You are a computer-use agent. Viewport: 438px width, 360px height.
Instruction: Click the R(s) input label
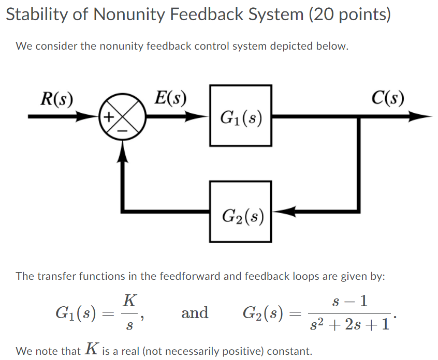[56, 98]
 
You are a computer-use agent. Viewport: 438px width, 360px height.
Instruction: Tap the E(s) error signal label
[171, 98]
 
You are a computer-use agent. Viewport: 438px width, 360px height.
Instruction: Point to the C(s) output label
[388, 98]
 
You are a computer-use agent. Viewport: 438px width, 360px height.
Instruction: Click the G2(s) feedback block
[241, 212]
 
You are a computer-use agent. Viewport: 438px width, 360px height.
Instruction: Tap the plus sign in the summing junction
[109, 117]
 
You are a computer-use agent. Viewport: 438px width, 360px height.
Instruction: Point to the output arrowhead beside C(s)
[422, 117]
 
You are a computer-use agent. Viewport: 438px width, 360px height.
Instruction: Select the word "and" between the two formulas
[195, 313]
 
